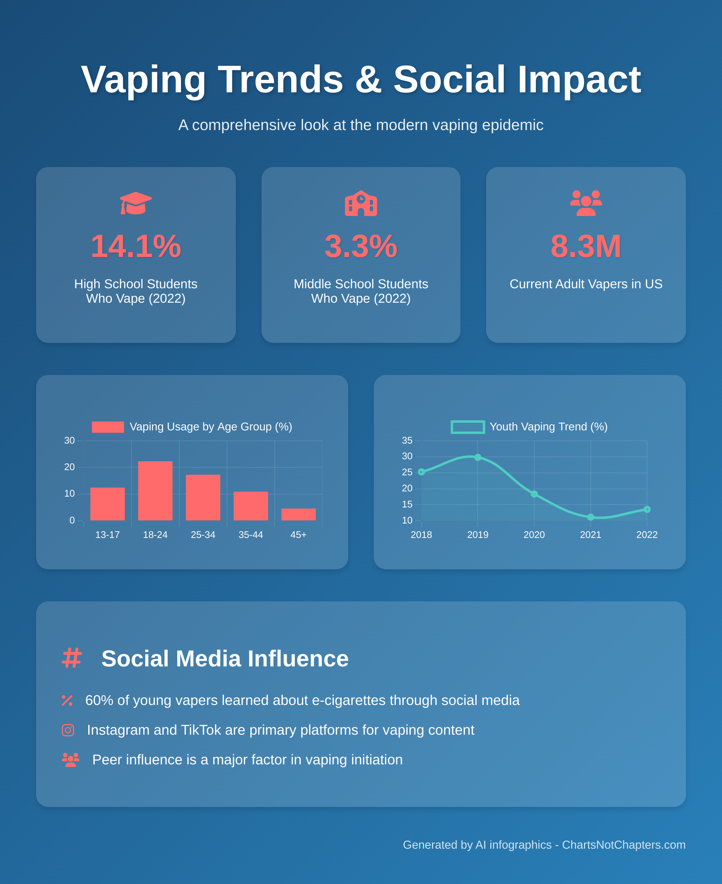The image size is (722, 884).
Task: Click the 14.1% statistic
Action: tap(136, 246)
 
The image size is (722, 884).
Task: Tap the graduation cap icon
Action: tap(136, 203)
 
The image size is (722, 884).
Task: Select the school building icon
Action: tap(361, 203)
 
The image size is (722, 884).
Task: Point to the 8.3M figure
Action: tap(586, 246)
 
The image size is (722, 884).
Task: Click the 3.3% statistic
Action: tap(361, 246)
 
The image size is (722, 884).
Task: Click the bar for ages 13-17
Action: tap(107, 503)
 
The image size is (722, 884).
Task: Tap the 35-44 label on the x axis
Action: tap(250, 535)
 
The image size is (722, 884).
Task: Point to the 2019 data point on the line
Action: tap(477, 457)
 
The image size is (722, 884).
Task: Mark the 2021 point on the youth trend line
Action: tap(590, 517)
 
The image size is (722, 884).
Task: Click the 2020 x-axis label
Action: tap(534, 535)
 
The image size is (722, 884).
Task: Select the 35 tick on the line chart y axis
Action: tap(407, 440)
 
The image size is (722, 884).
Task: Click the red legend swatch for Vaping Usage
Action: tap(108, 427)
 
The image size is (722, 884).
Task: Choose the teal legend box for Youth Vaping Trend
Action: tap(467, 427)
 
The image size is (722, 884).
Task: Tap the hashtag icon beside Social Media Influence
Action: tap(71, 658)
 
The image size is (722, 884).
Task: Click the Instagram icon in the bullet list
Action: tap(68, 730)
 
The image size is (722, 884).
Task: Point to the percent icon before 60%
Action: tap(67, 701)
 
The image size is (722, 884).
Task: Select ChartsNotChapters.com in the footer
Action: tap(623, 845)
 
